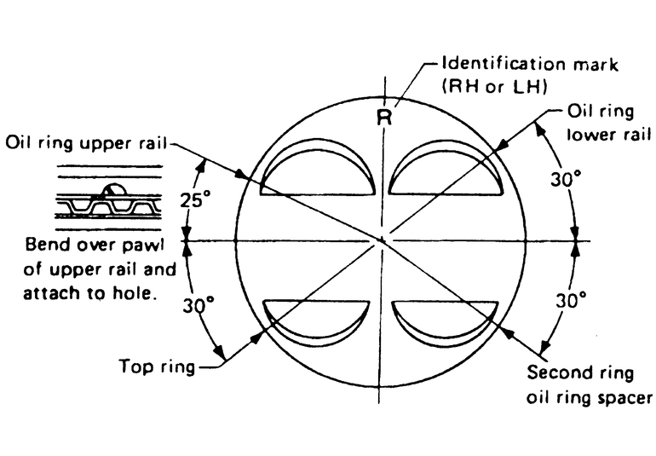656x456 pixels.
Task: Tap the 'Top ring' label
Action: point(156,368)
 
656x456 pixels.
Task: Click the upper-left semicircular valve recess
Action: point(316,176)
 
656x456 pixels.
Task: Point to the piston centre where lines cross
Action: point(384,240)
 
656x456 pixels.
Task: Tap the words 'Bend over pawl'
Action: point(95,247)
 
